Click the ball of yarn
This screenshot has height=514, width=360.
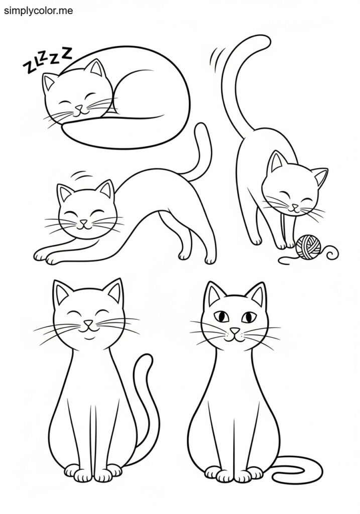(307, 247)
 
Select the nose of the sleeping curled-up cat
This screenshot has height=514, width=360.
(79, 107)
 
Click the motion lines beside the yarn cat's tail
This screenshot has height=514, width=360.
(217, 56)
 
